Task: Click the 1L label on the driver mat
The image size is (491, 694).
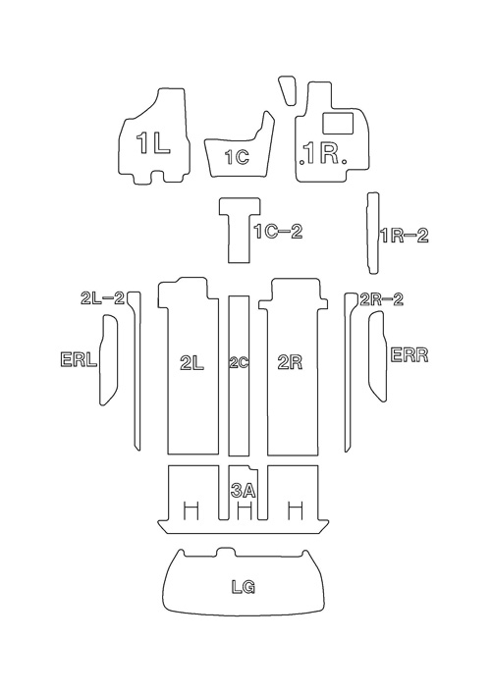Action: [153, 143]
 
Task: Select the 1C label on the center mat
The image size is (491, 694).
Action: [237, 157]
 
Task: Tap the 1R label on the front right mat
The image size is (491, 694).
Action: [323, 153]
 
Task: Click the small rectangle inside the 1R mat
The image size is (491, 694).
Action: [338, 123]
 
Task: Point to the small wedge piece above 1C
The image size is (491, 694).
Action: [288, 90]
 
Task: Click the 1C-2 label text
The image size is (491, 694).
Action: [279, 232]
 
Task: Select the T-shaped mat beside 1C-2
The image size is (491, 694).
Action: [240, 230]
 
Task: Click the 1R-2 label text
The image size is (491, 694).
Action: [405, 236]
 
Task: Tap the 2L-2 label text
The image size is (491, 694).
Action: [102, 298]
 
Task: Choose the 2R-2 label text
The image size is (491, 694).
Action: [382, 299]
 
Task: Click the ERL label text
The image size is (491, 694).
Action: [79, 359]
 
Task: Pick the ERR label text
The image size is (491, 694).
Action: [409, 355]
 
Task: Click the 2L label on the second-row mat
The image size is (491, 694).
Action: [192, 363]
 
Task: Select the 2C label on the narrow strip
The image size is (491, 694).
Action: [239, 363]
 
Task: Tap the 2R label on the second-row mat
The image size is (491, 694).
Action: [290, 363]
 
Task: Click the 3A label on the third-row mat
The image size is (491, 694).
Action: [244, 491]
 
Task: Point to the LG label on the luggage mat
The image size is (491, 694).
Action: [244, 587]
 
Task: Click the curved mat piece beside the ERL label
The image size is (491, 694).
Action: [109, 359]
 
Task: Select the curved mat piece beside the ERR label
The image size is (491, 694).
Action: [378, 356]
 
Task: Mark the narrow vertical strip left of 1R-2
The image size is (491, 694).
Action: [373, 234]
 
